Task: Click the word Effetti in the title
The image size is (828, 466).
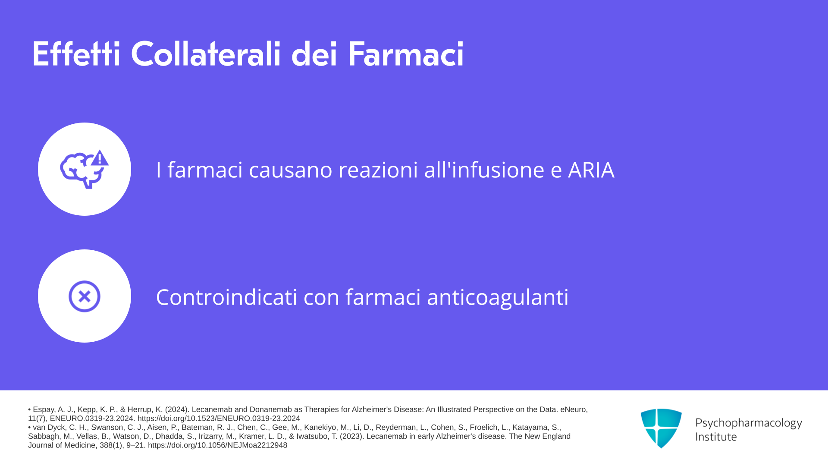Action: pos(76,54)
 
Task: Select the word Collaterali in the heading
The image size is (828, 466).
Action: pos(206,54)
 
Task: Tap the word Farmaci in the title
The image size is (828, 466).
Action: pos(406,54)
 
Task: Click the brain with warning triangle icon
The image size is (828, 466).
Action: pos(85,169)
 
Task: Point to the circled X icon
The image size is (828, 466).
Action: pos(85,296)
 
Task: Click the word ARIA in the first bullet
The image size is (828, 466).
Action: pos(591,170)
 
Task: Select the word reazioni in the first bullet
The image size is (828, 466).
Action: pos(378,170)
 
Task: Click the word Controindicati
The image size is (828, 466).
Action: pos(226,297)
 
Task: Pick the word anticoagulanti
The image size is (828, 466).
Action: pos(498,297)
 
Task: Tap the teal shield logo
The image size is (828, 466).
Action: pos(661,428)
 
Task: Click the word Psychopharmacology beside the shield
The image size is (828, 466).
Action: pos(749,423)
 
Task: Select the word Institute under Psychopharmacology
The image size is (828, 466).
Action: pos(716,437)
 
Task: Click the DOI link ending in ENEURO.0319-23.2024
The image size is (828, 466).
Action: pos(219,419)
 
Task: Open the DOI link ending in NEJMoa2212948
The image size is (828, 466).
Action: pos(217,445)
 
